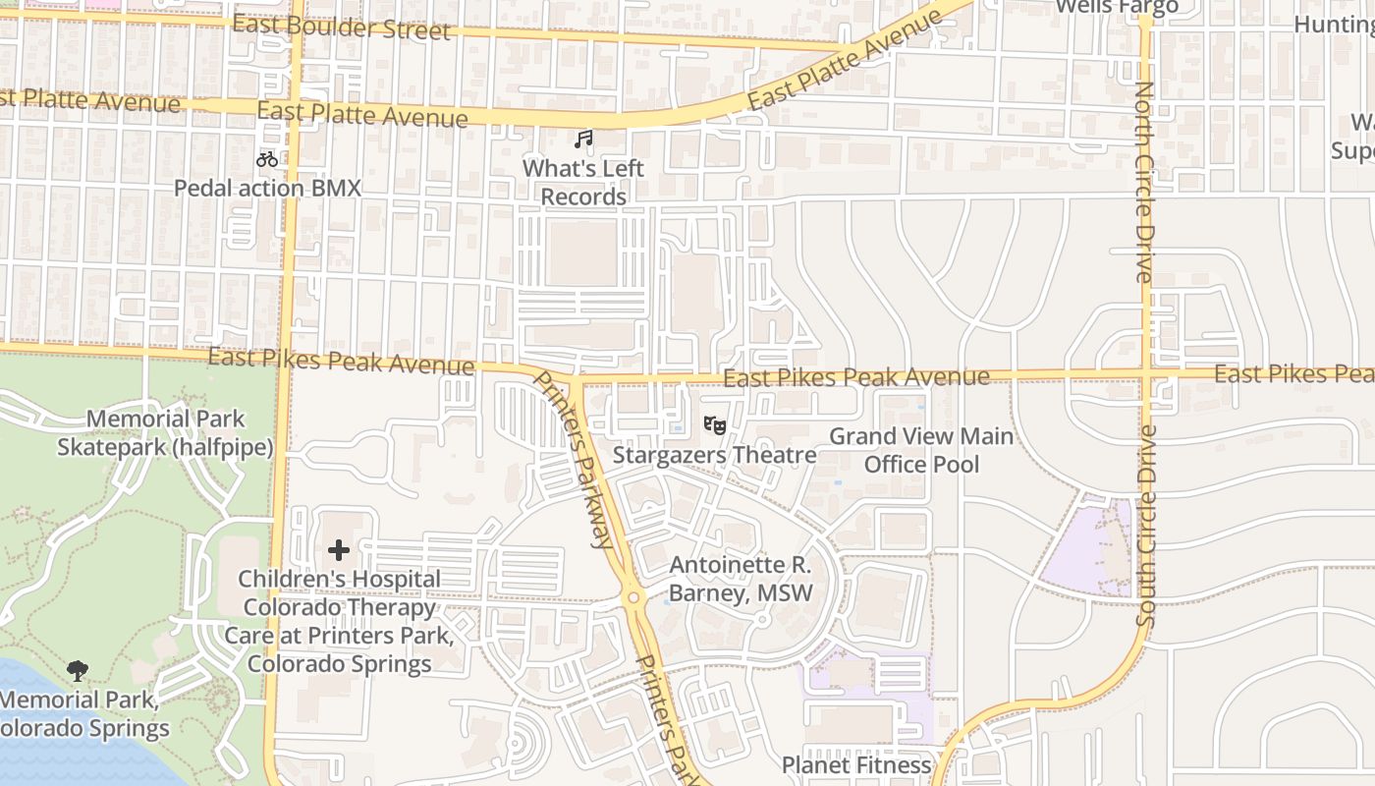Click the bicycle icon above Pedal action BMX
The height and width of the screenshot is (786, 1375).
tap(267, 158)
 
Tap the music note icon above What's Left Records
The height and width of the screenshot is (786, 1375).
tap(584, 140)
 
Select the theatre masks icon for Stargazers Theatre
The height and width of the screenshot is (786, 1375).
tap(714, 424)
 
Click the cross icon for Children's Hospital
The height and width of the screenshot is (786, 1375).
tap(339, 549)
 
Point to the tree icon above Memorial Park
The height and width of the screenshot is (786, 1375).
tap(78, 671)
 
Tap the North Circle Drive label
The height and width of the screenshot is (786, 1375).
tap(1145, 182)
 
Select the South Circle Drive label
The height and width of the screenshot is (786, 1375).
tap(1146, 526)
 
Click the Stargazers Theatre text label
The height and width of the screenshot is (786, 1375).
tap(714, 455)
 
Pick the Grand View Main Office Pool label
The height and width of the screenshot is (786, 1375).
tap(921, 449)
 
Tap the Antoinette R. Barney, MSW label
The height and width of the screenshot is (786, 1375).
tap(741, 579)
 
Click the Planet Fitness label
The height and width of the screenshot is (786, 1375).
tap(855, 764)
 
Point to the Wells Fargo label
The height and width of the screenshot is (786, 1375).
tap(1116, 8)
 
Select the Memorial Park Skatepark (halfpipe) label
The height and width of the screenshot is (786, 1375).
tap(165, 432)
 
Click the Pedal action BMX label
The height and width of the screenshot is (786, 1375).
tap(267, 188)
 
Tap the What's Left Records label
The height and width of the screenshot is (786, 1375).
tap(583, 182)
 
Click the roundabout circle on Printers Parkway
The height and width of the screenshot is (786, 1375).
tap(633, 597)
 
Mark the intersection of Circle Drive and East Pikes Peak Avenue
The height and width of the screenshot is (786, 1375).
tap(1146, 374)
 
